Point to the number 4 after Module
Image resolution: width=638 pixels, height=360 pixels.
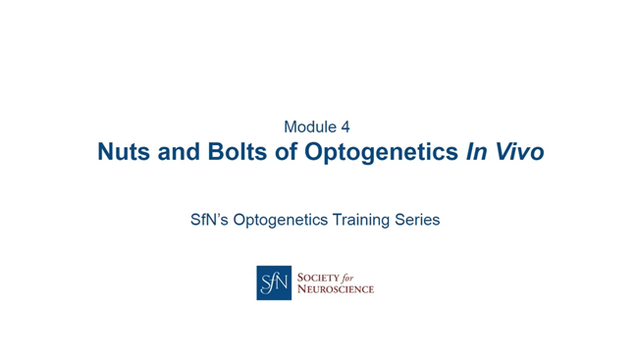(345, 127)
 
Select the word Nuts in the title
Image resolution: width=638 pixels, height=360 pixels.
(123, 153)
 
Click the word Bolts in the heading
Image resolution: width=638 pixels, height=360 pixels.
(236, 153)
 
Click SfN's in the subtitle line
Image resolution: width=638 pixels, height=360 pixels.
(210, 220)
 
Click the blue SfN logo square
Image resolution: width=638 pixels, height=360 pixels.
(274, 283)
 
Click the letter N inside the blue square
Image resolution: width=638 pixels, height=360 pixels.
(282, 283)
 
